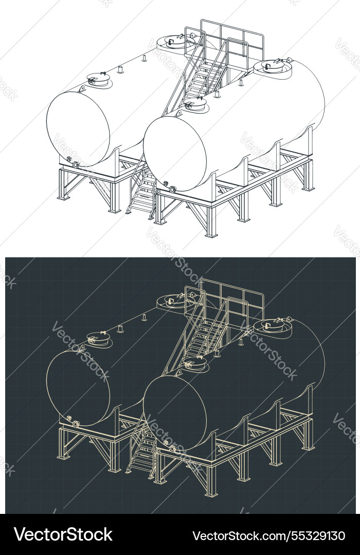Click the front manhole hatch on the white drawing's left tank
click(x=98, y=79)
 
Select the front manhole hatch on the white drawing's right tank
click(x=195, y=106)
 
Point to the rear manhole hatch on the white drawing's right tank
click(x=273, y=66)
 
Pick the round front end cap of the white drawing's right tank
click(x=175, y=153)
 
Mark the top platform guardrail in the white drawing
click(x=231, y=36)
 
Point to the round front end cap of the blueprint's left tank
click(x=78, y=388)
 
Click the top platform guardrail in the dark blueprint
click(x=231, y=295)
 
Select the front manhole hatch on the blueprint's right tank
click(x=195, y=365)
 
